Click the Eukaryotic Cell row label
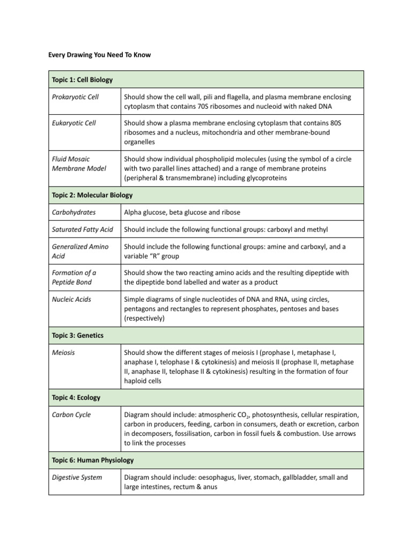(74, 123)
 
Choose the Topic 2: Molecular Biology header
(92, 195)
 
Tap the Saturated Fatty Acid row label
(83, 229)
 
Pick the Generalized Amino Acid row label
(80, 251)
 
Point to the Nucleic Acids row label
(71, 299)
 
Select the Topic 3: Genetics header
(77, 335)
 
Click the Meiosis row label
(63, 353)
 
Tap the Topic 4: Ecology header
(76, 398)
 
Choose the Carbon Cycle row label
(71, 414)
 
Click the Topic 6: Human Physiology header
(93, 460)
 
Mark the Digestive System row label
(77, 477)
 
